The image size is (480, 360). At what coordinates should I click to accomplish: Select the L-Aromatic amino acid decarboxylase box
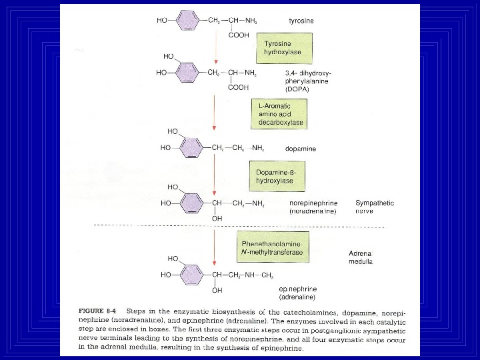[281, 114]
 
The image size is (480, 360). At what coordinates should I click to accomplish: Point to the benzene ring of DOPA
[191, 73]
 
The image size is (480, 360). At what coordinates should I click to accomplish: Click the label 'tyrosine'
[301, 21]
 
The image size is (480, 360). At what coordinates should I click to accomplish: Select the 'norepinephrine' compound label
[313, 203]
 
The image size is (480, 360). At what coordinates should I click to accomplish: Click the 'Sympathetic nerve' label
[374, 207]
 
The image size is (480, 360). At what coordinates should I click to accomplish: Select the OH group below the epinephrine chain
[217, 290]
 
